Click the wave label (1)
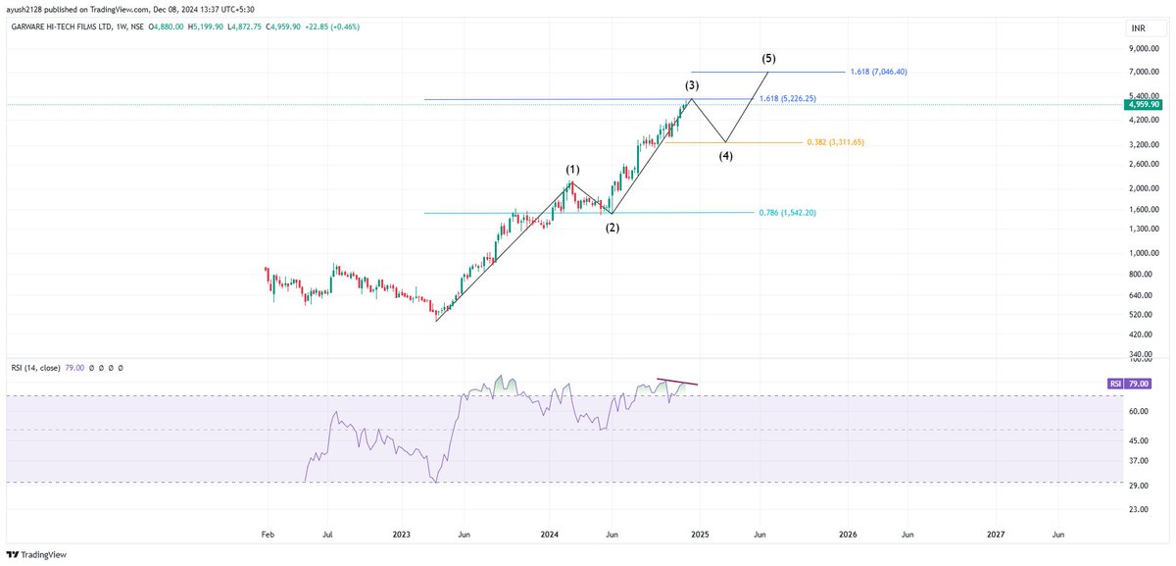572,170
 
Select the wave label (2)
612,228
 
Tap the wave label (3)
692,85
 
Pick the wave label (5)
769,59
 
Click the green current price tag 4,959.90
1143,104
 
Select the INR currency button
1138,29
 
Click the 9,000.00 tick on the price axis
1142,47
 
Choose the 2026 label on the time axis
848,535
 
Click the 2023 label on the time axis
401,535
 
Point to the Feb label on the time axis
267,535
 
